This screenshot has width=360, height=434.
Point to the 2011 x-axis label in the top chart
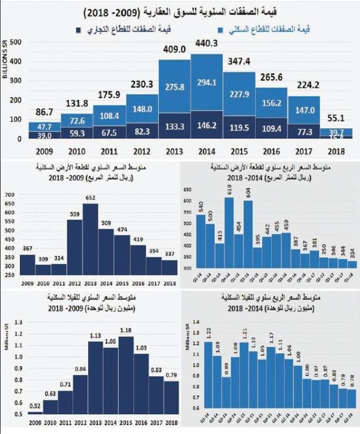[x=109, y=152]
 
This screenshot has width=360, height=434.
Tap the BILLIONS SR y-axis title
[x=5, y=68]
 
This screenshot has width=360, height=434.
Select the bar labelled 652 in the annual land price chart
[x=90, y=240]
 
